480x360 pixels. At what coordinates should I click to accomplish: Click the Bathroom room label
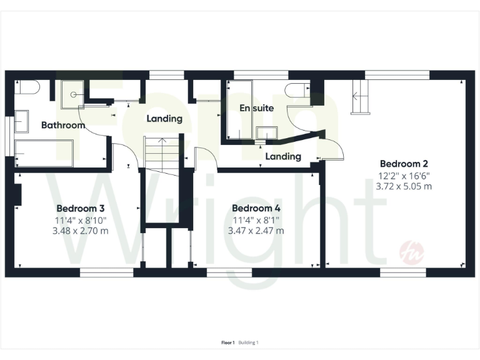click(63, 125)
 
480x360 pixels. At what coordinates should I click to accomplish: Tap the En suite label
click(257, 108)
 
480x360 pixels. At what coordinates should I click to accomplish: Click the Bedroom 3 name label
click(76, 208)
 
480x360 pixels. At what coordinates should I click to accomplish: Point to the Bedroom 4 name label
click(252, 208)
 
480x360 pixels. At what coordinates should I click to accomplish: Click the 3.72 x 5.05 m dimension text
click(404, 186)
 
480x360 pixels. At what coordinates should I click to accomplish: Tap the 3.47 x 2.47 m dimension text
click(256, 231)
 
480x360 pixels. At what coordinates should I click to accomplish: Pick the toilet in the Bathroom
click(29, 87)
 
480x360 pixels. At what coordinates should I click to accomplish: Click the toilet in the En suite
click(296, 91)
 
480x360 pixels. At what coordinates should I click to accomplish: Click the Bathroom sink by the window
click(21, 121)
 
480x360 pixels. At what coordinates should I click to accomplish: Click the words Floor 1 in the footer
click(227, 342)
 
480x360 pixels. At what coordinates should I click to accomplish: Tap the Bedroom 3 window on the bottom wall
click(106, 272)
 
